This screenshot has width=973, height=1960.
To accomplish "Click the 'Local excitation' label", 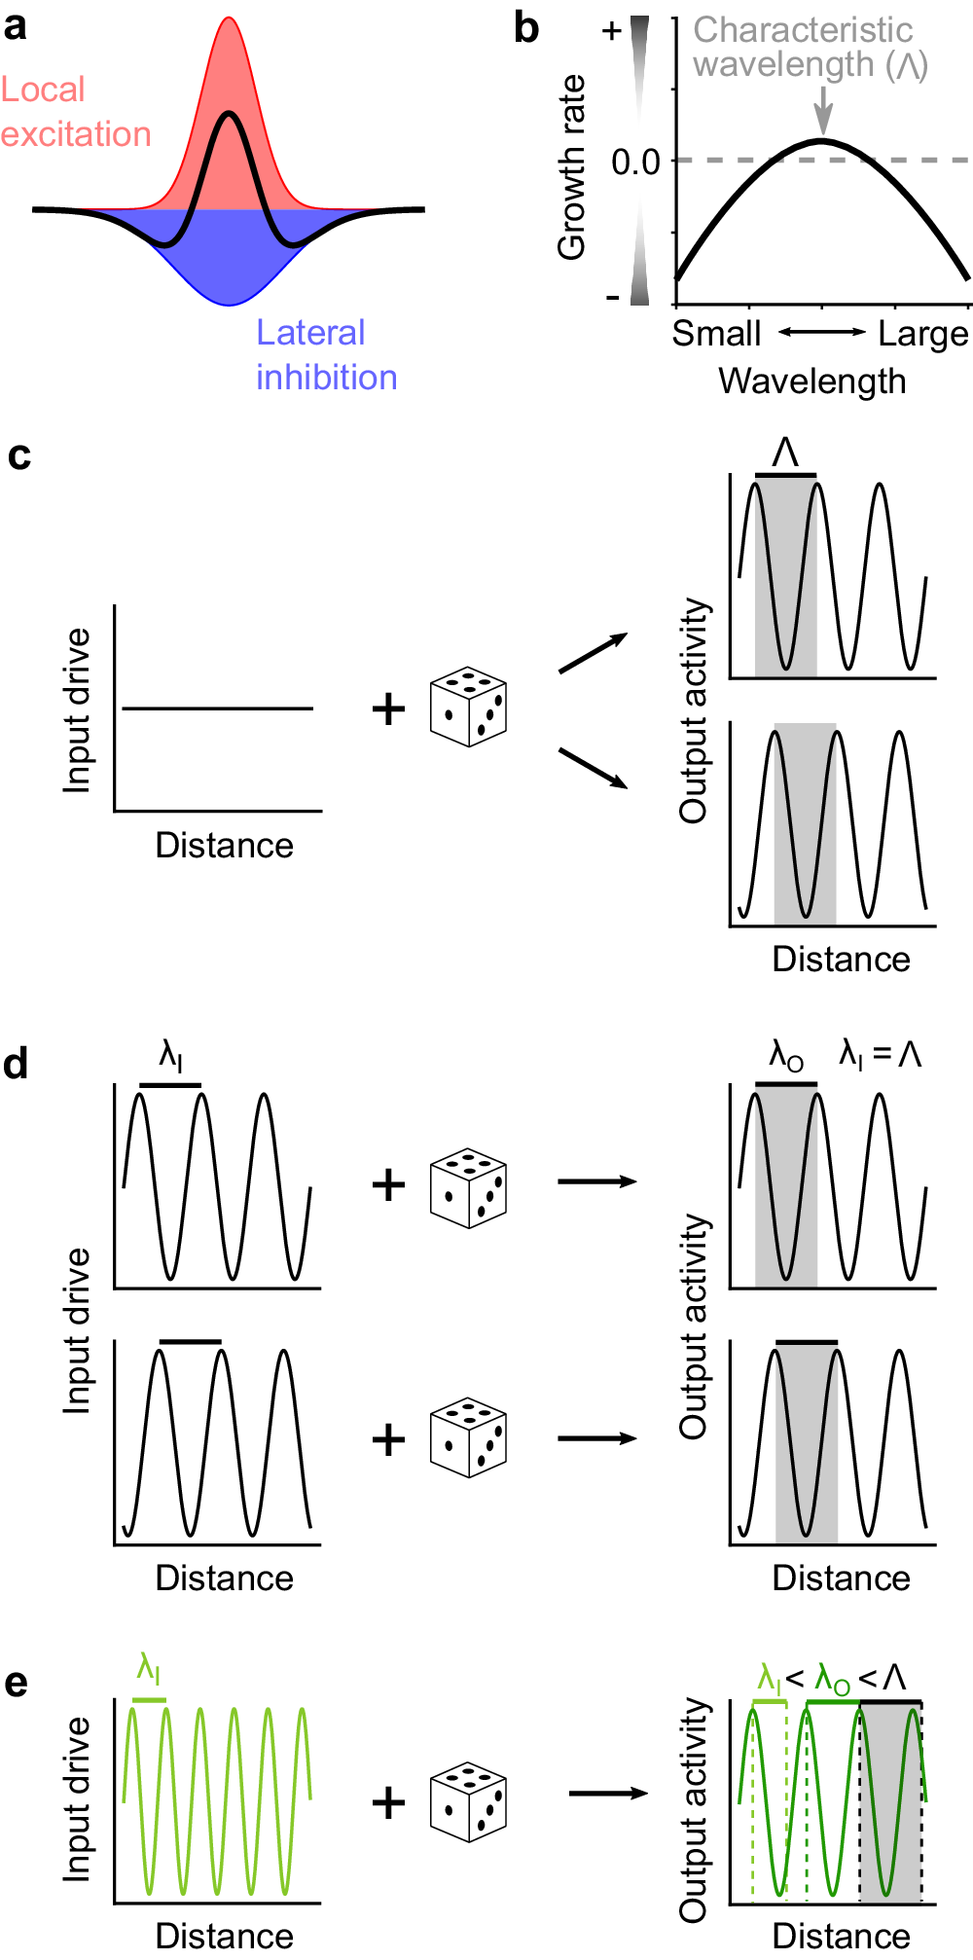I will pos(76,112).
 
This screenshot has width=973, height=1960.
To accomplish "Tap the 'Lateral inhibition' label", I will pos(326,355).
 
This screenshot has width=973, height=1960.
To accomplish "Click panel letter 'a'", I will pos(16,26).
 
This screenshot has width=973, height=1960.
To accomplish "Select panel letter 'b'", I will pos(526,28).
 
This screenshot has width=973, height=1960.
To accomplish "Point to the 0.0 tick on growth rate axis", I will pos(636,162).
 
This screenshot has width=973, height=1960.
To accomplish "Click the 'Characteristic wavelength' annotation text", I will pos(810,47).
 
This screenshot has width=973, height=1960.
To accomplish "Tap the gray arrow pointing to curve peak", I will pos(823,110).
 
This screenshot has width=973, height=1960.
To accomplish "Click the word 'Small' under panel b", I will pos(716,334).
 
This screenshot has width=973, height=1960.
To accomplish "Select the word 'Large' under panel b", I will pos(922,334).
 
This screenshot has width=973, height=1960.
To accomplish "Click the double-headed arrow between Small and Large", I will pos(821,333).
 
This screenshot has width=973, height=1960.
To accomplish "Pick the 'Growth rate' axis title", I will pos(571,167).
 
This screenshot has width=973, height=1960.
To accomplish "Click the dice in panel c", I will pos(468,708).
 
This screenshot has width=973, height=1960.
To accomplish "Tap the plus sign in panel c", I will pos(388,708).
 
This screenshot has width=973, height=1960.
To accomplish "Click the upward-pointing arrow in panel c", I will pos(593,653).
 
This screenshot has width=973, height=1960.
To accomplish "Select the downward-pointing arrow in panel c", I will pos(593,768).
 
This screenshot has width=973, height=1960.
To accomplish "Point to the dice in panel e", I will pos(468,1801).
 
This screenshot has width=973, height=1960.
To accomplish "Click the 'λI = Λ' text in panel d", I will pos(880,1054).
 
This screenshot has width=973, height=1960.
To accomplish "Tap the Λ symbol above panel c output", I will pos(785,453).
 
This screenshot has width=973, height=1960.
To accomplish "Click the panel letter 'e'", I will pos(16,1683).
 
